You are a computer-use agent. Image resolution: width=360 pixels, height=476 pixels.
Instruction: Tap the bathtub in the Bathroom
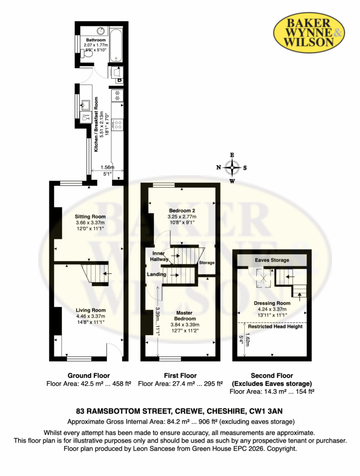click(x=116, y=45)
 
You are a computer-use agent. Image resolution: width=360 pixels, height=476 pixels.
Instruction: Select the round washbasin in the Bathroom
click(x=101, y=31)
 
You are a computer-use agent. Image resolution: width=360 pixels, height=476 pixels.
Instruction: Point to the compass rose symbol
click(x=232, y=167)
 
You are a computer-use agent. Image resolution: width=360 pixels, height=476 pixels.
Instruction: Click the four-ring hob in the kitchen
click(x=118, y=125)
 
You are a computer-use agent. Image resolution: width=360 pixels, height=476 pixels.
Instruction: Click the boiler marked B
click(x=120, y=80)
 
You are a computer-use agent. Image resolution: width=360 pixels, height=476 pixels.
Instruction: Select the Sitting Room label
click(x=90, y=217)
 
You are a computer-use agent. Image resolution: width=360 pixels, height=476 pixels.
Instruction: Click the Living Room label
click(x=91, y=310)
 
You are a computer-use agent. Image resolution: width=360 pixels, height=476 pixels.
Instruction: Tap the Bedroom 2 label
click(x=182, y=211)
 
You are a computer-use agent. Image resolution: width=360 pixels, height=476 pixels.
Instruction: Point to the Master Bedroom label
click(x=185, y=316)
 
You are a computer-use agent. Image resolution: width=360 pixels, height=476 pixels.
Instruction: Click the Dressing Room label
click(x=272, y=303)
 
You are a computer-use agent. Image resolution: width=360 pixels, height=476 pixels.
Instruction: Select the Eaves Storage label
click(x=272, y=260)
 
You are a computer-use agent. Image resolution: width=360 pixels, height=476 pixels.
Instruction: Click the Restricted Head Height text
click(x=275, y=326)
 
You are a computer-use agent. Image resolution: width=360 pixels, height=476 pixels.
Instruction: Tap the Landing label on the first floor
click(x=156, y=274)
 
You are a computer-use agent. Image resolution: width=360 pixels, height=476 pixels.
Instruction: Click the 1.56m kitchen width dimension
click(x=107, y=167)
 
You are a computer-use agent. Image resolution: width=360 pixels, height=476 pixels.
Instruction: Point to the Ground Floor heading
click(x=89, y=376)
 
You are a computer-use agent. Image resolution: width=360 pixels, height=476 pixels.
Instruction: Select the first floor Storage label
click(x=207, y=263)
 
